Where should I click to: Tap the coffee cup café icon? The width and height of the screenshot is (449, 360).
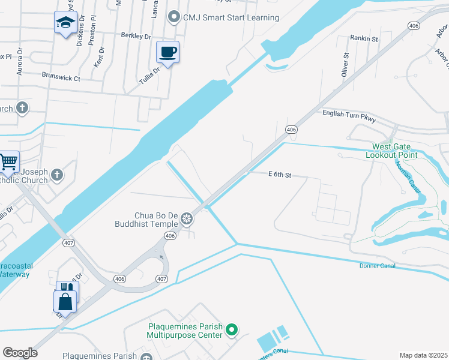tap(167, 52)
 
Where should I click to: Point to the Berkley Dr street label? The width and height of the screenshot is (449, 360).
tap(135, 36)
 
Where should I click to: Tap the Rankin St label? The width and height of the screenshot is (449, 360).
tap(364, 39)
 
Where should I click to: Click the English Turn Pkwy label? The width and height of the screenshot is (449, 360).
tap(349, 116)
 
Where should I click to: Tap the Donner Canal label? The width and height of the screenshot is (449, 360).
tap(377, 266)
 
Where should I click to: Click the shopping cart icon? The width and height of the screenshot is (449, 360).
tap(8, 161)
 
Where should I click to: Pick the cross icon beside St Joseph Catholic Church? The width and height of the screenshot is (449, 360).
tap(57, 175)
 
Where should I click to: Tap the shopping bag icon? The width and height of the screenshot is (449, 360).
tap(65, 301)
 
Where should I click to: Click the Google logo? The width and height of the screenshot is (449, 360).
tap(20, 353)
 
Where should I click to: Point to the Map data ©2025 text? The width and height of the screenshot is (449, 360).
tap(423, 355)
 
